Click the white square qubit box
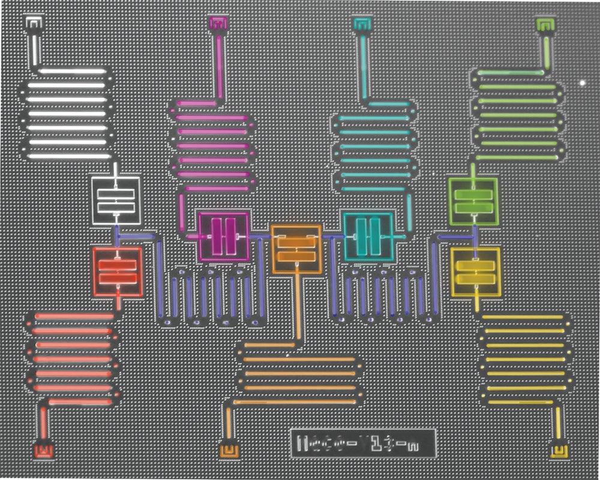pyautogui.click(x=115, y=200)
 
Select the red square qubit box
pyautogui.click(x=118, y=272)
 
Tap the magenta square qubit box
pyautogui.click(x=224, y=236)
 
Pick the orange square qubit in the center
pyautogui.click(x=296, y=248)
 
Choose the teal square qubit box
pyautogui.click(x=368, y=236)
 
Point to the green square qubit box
pyautogui.click(x=473, y=201)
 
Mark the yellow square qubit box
pyautogui.click(x=475, y=272)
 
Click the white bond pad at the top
pyautogui.click(x=34, y=23)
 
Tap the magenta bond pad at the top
pyautogui.click(x=218, y=23)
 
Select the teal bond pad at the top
pyautogui.click(x=362, y=24)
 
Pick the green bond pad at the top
pyautogui.click(x=545, y=24)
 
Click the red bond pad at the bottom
pyautogui.click(x=43, y=449)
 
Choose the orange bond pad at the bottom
pyautogui.click(x=229, y=449)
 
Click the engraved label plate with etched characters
pyautogui.click(x=362, y=443)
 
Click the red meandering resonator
pyautogui.click(x=72, y=359)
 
